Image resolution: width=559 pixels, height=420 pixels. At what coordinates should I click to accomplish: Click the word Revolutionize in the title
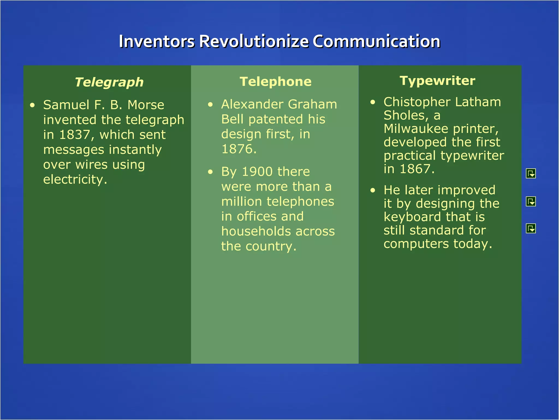(x=254, y=42)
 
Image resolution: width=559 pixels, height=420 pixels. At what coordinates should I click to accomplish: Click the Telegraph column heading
(x=109, y=82)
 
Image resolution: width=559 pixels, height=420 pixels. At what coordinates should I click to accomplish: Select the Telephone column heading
(x=275, y=82)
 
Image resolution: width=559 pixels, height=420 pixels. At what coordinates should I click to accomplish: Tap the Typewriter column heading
(x=437, y=81)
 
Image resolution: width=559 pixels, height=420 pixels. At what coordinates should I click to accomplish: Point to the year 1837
(x=75, y=135)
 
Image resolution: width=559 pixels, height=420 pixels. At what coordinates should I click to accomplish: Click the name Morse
(x=146, y=105)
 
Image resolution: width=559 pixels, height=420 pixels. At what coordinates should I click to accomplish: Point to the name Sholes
(x=404, y=115)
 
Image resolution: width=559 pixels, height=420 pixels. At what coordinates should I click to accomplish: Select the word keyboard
(x=412, y=217)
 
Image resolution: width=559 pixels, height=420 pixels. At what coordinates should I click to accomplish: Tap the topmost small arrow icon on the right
(x=531, y=173)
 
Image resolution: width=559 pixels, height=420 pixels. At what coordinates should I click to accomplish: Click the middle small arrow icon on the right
(x=531, y=202)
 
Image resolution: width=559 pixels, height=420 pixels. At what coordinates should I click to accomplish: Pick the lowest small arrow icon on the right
(x=531, y=229)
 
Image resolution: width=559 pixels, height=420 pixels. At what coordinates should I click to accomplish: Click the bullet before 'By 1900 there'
(x=210, y=172)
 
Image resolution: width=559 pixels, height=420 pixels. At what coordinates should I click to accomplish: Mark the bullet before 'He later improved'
(x=373, y=190)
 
